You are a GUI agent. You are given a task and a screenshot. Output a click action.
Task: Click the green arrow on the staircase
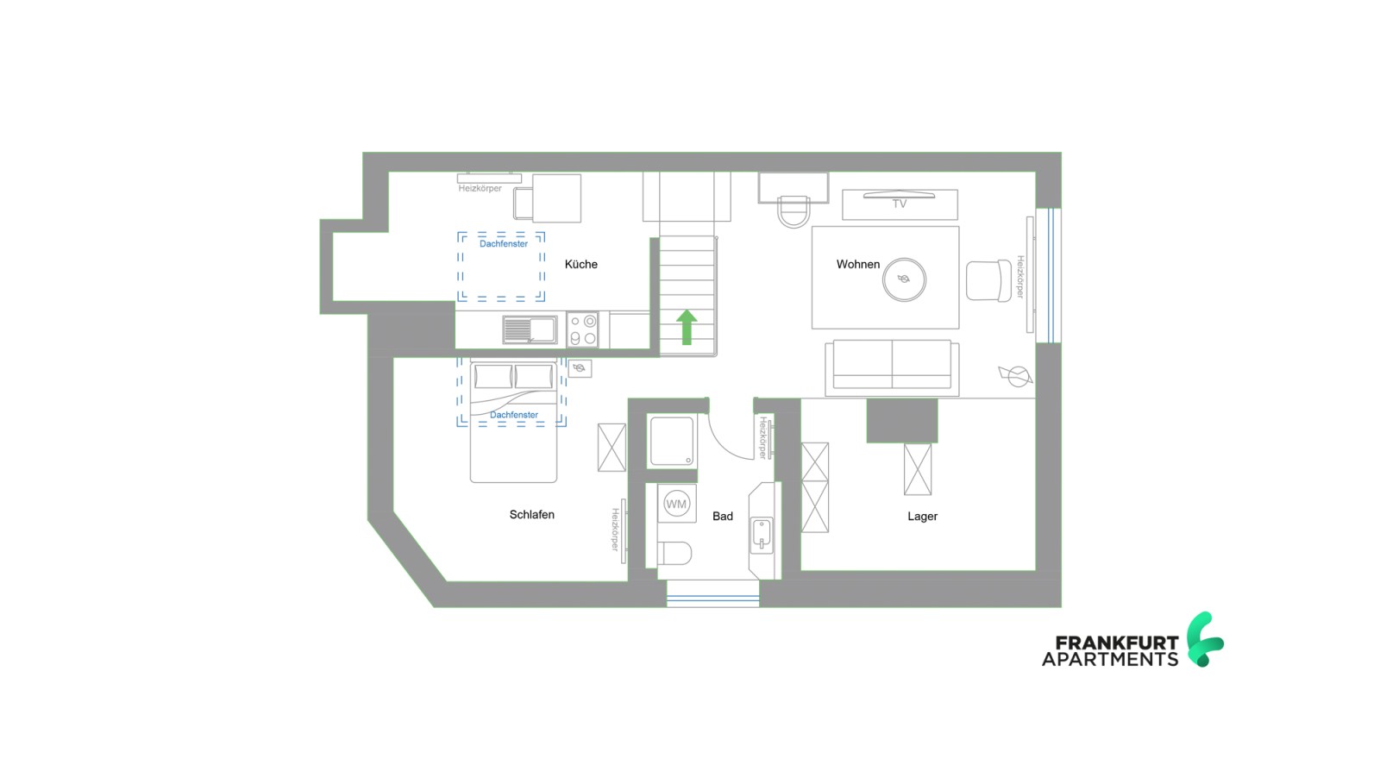[687, 328]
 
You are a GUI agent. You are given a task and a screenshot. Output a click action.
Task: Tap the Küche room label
[580, 264]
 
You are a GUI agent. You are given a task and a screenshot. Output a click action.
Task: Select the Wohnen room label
[857, 264]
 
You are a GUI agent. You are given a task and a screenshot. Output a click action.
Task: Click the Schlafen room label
[531, 514]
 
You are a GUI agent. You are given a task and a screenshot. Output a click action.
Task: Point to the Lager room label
[922, 516]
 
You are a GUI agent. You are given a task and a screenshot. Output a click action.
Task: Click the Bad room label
[722, 516]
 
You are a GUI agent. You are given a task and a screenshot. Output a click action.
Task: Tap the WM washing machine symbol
[676, 504]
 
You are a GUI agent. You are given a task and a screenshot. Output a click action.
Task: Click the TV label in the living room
[899, 204]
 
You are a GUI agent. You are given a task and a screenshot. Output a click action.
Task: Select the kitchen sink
[530, 329]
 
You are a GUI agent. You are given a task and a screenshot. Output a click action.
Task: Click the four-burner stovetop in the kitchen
[583, 330]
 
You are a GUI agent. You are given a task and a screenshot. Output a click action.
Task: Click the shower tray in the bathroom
[672, 441]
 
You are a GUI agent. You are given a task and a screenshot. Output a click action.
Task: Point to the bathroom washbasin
[761, 535]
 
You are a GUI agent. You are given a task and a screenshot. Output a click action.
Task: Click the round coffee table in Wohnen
[903, 279]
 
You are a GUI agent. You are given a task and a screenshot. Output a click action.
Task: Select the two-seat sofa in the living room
[892, 367]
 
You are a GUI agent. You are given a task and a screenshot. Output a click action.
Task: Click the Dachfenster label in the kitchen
[504, 244]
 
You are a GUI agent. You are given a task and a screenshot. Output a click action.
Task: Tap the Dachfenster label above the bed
[514, 415]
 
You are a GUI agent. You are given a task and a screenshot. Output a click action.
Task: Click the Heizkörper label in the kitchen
[480, 188]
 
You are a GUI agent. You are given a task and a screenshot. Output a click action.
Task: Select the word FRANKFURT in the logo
[1117, 643]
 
